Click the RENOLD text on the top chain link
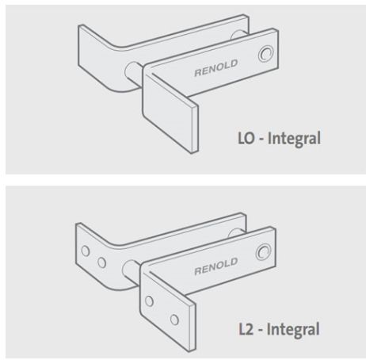(216, 68)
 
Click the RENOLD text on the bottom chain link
(216, 266)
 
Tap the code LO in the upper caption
(246, 138)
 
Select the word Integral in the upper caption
(294, 139)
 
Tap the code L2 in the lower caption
(246, 329)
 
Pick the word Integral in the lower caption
(293, 330)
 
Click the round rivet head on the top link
(265, 54)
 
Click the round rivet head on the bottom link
(263, 252)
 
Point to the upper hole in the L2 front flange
(150, 301)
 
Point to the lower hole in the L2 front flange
(174, 320)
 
